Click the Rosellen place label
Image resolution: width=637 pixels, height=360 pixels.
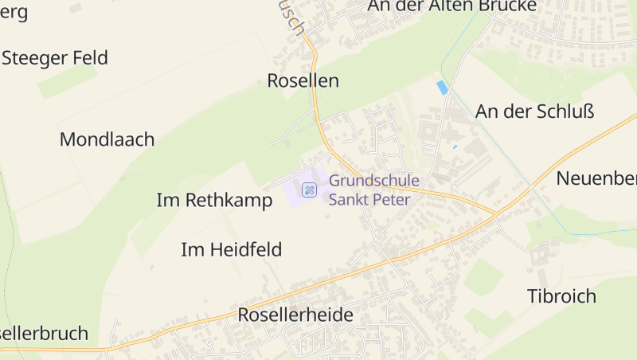point(303,80)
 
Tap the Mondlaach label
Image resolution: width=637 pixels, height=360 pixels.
point(107,139)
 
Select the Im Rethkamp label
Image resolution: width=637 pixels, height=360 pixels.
point(214,200)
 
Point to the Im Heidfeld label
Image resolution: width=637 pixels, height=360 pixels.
point(232,250)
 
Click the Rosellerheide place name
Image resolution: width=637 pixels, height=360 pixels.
point(295,315)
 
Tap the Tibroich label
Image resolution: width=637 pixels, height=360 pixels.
point(561,296)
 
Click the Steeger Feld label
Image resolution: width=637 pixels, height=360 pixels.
point(55,57)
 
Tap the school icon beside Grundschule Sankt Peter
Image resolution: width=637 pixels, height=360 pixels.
point(309,190)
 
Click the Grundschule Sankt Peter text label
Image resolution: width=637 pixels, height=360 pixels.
point(373,190)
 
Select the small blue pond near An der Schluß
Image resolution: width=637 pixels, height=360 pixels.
point(442,87)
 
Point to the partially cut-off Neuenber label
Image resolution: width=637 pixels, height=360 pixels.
point(596,178)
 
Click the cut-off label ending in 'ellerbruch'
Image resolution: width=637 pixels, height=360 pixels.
point(44,333)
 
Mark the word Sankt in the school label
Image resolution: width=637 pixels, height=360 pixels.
point(352,199)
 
